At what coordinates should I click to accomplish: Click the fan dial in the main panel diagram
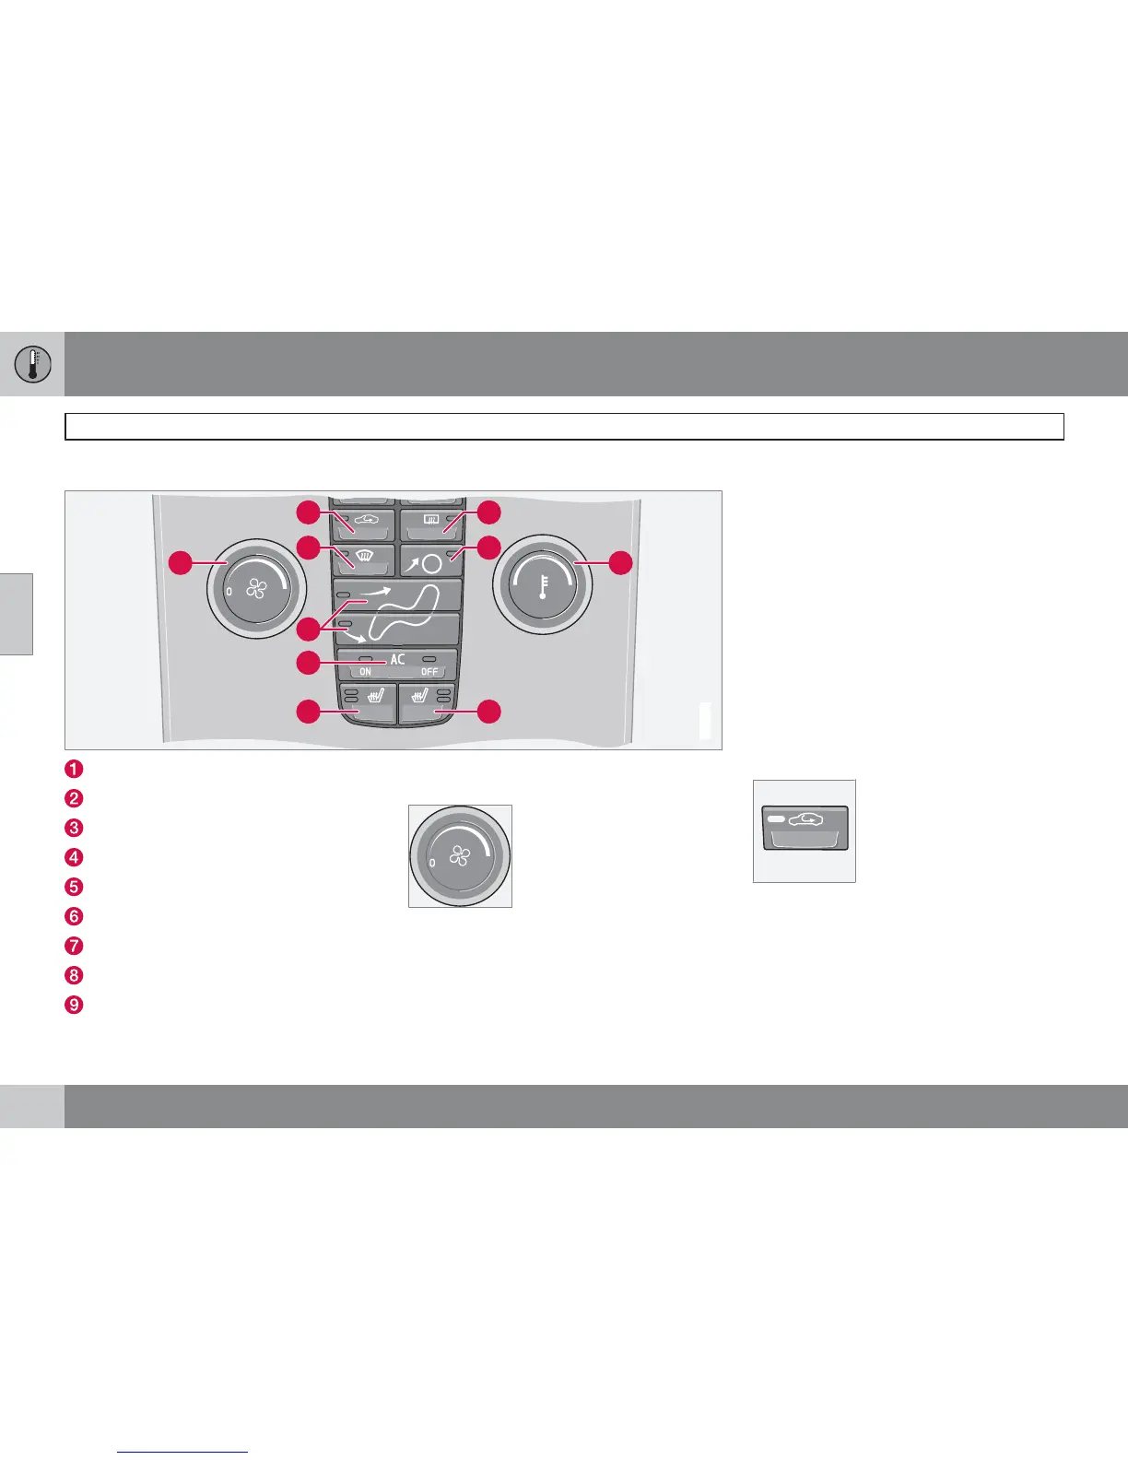pos(256,588)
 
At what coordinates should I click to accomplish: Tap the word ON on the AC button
pos(366,672)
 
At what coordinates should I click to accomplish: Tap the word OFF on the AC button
pos(429,672)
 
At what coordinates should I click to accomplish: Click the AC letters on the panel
pos(397,659)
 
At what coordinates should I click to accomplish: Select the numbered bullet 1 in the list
pos(75,769)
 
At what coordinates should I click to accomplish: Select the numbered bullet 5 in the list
pos(75,887)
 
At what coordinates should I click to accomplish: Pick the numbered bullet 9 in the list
pos(75,1005)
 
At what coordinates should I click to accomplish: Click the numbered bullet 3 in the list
pos(75,828)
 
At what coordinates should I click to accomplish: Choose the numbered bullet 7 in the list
pos(75,946)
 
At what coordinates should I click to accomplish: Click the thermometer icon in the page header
pos(31,364)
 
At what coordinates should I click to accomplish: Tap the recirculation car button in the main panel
pos(364,524)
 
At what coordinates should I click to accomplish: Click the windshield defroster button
pos(364,559)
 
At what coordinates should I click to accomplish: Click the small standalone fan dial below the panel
pos(460,856)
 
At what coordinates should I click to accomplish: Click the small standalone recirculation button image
pos(805,830)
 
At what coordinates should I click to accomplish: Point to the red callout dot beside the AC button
pos(309,662)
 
